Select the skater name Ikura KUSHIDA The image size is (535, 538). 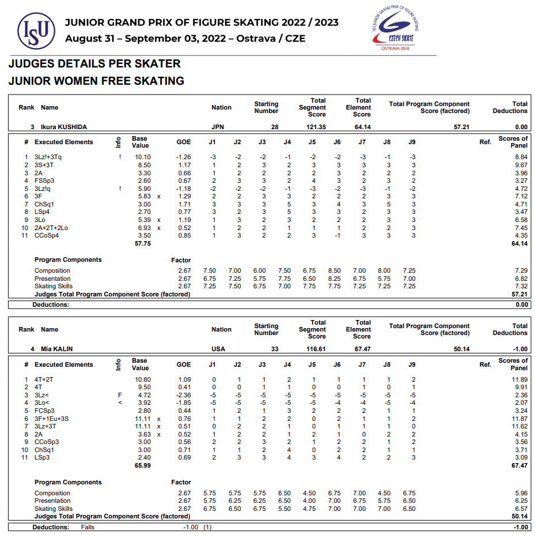63,127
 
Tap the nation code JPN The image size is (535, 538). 218,127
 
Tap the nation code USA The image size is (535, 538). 218,349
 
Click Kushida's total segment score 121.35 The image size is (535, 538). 316,127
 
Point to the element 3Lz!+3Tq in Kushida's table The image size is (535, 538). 48,157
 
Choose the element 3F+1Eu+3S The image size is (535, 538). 51,419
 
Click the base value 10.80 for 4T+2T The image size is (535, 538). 142,379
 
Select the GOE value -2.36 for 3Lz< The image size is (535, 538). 183,395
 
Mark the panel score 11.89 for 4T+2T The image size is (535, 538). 519,379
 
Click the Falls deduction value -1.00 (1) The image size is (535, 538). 197,527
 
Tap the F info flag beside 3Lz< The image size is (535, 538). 119,395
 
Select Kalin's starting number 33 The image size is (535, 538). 275,349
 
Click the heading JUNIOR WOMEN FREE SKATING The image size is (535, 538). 96,81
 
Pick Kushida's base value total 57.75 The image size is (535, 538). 142,243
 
